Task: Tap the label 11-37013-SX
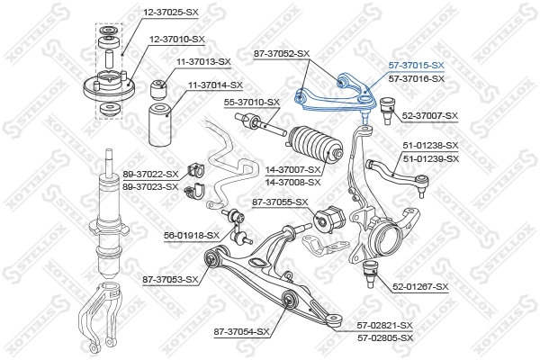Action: tap(202, 62)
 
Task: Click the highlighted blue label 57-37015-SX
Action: tap(416, 66)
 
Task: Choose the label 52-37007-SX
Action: tap(429, 116)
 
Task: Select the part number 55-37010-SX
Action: tap(251, 103)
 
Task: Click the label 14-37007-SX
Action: tap(291, 169)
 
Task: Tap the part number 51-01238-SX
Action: tap(430, 146)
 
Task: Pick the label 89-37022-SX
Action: tap(148, 175)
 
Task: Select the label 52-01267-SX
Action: tap(418, 287)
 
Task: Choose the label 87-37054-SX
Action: tap(242, 332)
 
